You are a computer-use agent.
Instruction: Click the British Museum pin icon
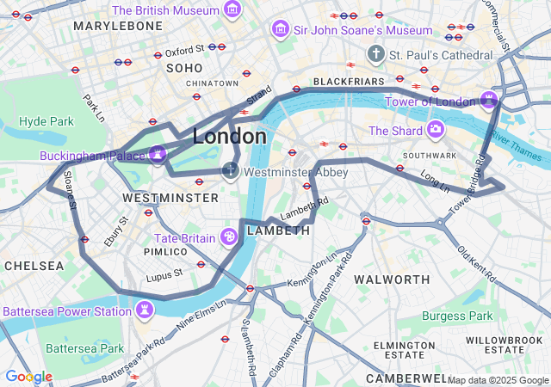pyautogui.click(x=232, y=9)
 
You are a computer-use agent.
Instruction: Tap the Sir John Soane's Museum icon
pyautogui.click(x=279, y=30)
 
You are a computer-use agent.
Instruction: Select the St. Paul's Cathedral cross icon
pyautogui.click(x=375, y=55)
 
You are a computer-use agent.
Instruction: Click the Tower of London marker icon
pyautogui.click(x=489, y=101)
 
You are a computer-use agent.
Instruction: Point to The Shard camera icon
pyautogui.click(x=436, y=130)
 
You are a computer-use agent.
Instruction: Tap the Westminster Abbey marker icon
pyautogui.click(x=230, y=171)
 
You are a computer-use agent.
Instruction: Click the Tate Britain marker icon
pyautogui.click(x=229, y=236)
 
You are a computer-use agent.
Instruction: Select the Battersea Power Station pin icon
pyautogui.click(x=144, y=310)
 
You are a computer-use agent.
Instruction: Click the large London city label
pyautogui.click(x=229, y=137)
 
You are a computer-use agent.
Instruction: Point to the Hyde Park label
pyautogui.click(x=46, y=121)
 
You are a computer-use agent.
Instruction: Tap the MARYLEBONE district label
pyautogui.click(x=118, y=26)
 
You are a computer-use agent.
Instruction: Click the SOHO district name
pyautogui.click(x=183, y=67)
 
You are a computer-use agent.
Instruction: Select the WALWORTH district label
pyautogui.click(x=392, y=279)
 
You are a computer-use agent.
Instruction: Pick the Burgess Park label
pyautogui.click(x=457, y=316)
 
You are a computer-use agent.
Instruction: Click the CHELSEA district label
pyautogui.click(x=34, y=266)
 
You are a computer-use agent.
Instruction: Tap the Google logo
pyautogui.click(x=28, y=377)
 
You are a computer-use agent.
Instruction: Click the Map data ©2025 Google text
pyautogui.click(x=497, y=380)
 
